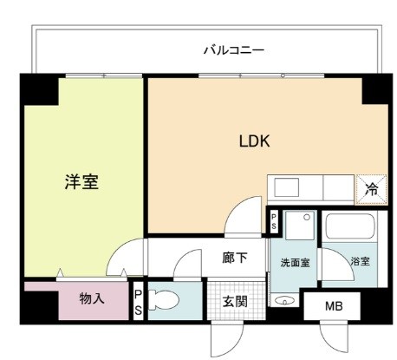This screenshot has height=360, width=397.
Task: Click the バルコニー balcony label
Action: point(233,50)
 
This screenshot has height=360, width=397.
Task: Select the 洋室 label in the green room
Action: point(81,182)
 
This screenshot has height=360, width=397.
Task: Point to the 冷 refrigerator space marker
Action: point(370,187)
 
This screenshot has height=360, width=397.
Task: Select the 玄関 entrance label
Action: point(234,302)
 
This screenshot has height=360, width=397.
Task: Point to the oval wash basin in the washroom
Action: point(285,301)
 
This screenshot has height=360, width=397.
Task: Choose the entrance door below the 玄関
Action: point(223,337)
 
